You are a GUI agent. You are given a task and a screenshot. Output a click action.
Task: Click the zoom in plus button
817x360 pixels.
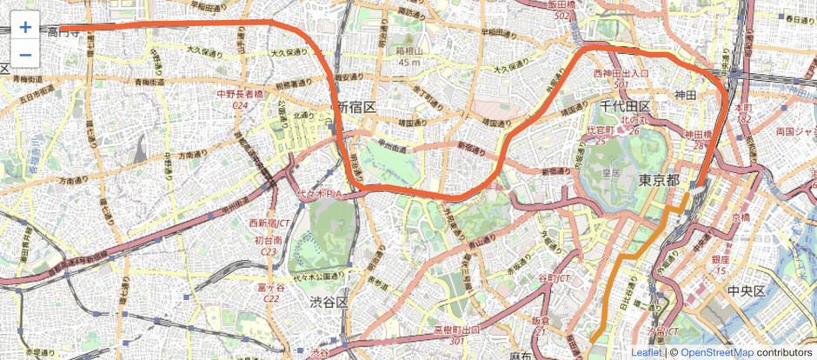point(25,27)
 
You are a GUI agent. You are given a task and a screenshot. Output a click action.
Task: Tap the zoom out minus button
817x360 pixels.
point(25,56)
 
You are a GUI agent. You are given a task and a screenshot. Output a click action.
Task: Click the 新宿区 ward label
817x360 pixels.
point(356,107)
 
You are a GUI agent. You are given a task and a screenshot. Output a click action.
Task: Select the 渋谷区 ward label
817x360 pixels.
point(329,302)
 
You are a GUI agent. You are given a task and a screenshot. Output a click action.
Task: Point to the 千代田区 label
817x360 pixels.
point(625,105)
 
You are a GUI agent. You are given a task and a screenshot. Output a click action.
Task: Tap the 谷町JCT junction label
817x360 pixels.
point(553,278)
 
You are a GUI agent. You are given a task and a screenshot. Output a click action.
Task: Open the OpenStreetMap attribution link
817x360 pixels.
point(717,352)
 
